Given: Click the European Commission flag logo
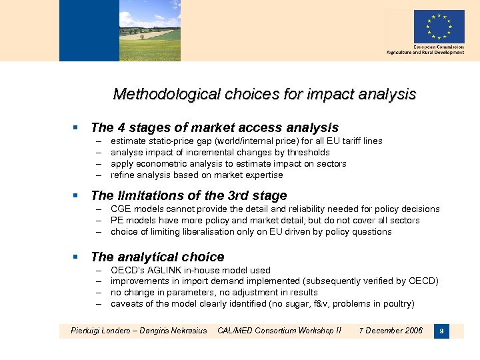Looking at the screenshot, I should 439,27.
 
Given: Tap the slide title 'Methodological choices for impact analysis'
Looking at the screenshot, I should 265,94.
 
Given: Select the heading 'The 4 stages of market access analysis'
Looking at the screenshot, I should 214,127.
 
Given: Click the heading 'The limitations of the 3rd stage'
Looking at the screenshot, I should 189,195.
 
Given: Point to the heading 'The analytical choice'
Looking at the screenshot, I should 157,257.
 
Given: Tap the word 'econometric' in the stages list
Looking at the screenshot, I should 161,163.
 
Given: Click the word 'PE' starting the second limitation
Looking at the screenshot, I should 117,220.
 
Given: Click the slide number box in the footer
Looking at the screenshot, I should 440,331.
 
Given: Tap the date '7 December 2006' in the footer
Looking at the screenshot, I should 390,331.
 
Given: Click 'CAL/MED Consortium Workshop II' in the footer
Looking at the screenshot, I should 279,331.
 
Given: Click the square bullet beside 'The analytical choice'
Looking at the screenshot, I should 76,257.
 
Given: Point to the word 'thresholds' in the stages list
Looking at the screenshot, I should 307,152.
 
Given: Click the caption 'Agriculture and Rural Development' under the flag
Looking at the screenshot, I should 425,53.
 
